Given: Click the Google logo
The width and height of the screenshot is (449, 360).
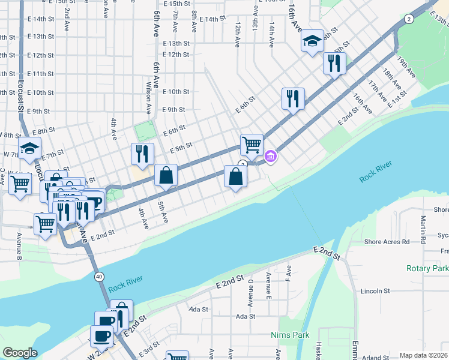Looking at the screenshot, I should (x=20, y=353).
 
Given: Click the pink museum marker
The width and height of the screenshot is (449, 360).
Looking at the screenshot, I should (x=271, y=157).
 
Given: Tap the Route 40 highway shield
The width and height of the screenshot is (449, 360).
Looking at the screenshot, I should (x=98, y=276).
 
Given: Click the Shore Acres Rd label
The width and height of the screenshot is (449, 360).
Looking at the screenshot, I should (x=387, y=242).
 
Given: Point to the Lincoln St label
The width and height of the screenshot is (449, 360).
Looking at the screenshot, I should (x=376, y=291).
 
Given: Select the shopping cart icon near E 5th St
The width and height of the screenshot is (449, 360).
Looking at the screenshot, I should (x=252, y=144).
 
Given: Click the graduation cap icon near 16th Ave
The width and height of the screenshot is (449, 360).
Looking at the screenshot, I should (x=312, y=41).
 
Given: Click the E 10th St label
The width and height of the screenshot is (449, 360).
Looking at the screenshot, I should (x=176, y=92).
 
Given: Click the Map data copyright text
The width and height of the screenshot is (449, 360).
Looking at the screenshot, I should (x=423, y=355).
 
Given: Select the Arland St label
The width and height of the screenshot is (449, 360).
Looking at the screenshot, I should (x=376, y=358).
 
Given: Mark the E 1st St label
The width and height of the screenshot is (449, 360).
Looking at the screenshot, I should (x=397, y=99).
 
